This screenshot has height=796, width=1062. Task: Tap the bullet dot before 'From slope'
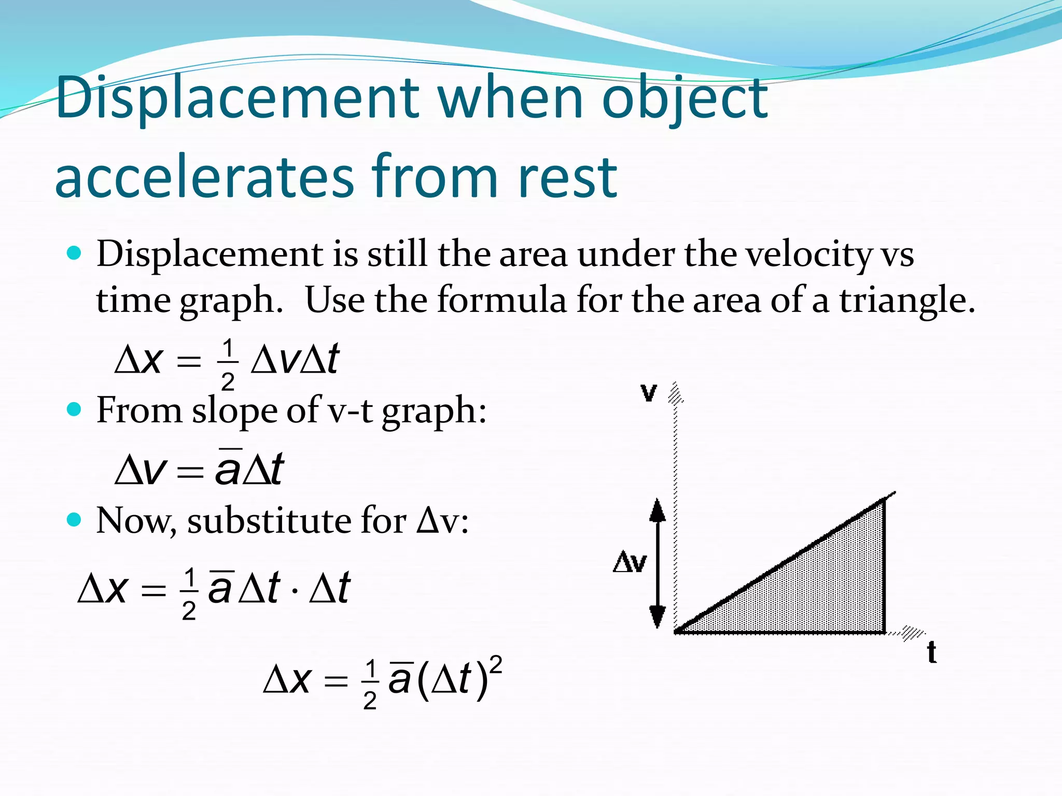coord(75,409)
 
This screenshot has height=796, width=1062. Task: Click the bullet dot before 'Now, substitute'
coord(75,519)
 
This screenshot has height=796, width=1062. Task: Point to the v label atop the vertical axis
coord(649,392)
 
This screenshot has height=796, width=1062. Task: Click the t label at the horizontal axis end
coord(932,652)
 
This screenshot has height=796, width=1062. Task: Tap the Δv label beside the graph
coord(630,562)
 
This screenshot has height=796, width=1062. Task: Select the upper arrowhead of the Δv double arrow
coord(658,511)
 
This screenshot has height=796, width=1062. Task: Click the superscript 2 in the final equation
coord(496,665)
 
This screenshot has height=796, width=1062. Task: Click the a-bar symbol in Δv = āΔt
coord(228,468)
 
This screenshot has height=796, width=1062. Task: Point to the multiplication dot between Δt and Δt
coord(295,590)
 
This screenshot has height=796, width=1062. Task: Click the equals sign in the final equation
coord(336,680)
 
